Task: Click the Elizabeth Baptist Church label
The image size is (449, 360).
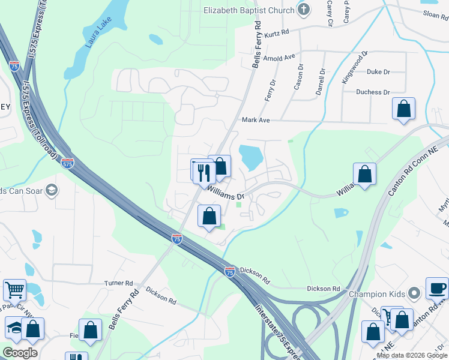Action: pyautogui.click(x=249, y=10)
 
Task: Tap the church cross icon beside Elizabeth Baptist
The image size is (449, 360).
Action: pyautogui.click(x=304, y=10)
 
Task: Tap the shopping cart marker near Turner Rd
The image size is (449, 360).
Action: pyautogui.click(x=15, y=290)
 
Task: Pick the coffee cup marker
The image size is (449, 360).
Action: pyautogui.click(x=437, y=289)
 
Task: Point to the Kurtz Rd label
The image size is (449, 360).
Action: pyautogui.click(x=277, y=31)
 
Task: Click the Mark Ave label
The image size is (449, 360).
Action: pyautogui.click(x=256, y=120)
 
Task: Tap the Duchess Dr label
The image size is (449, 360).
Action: pyautogui.click(x=373, y=92)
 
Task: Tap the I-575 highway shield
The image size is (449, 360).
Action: pyautogui.click(x=67, y=163)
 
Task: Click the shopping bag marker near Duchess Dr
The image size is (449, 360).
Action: pyautogui.click(x=403, y=109)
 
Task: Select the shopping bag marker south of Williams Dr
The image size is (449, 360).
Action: pyautogui.click(x=209, y=216)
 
